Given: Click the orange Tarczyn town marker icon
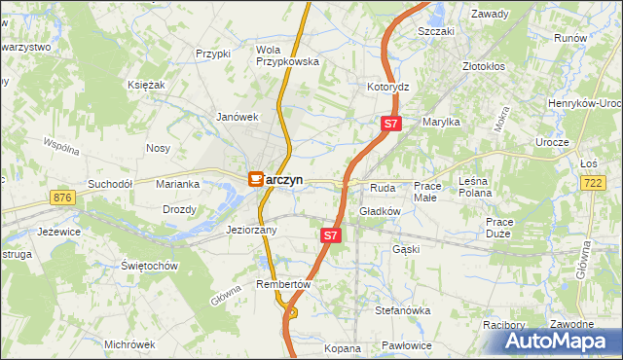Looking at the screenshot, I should [256, 179].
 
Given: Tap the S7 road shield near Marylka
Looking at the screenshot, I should [389, 124].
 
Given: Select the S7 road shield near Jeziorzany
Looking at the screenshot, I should [331, 235].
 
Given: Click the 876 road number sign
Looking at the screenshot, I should [64, 198].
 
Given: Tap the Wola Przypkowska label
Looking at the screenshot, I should [287, 55].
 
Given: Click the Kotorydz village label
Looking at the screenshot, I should [387, 87].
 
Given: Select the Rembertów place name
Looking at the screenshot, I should [282, 284].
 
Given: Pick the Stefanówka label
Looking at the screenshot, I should [403, 310].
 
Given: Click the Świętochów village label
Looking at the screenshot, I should [148, 266].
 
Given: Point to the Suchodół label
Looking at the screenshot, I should [109, 183].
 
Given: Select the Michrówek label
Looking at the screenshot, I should [129, 344].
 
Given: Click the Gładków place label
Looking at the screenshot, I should [381, 210].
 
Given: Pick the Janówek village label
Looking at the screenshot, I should [236, 117].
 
